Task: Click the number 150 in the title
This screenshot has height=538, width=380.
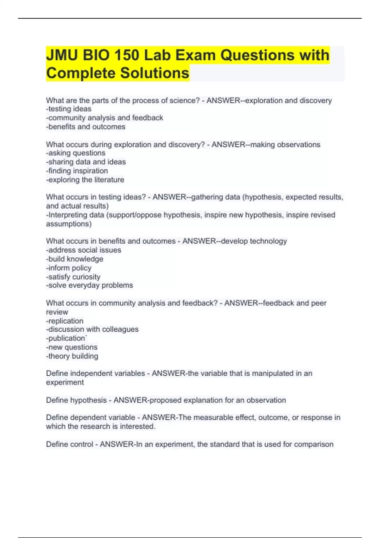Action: click(127, 55)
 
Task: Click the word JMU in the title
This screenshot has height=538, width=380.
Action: click(62, 55)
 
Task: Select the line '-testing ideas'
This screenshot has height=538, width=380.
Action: click(69, 109)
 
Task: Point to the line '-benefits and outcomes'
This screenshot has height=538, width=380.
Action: click(85, 127)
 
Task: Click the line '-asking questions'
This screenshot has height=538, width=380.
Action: click(76, 153)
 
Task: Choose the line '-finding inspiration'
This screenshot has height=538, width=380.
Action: click(77, 171)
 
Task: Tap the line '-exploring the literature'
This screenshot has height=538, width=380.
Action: click(85, 179)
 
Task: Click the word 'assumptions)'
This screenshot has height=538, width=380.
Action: click(69, 224)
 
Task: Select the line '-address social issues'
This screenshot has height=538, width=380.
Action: click(84, 250)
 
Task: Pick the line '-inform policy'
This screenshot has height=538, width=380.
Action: click(69, 268)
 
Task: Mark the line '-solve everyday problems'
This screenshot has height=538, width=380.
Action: click(90, 285)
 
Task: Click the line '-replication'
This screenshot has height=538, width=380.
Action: click(65, 321)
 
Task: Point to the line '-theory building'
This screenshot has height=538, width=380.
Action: click(72, 356)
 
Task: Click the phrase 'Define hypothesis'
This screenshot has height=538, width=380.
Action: click(76, 400)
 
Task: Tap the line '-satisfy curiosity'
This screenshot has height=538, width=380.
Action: click(73, 277)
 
